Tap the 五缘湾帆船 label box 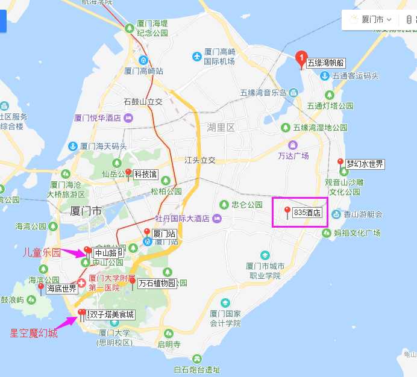coord(326,63)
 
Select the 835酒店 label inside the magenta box coord(307,213)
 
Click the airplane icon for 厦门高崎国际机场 coord(196,57)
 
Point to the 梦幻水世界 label coord(365,164)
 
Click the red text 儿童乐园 coord(42,253)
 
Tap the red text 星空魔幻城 coord(34,333)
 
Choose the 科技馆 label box coord(145,175)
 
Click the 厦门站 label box coord(163,233)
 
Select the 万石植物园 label coord(156,282)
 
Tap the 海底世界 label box coord(61,288)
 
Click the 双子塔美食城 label coord(111,314)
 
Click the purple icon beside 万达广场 coord(293,145)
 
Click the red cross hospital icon coord(81,283)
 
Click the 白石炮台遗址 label coord(196,370)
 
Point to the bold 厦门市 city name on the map coord(86,211)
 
